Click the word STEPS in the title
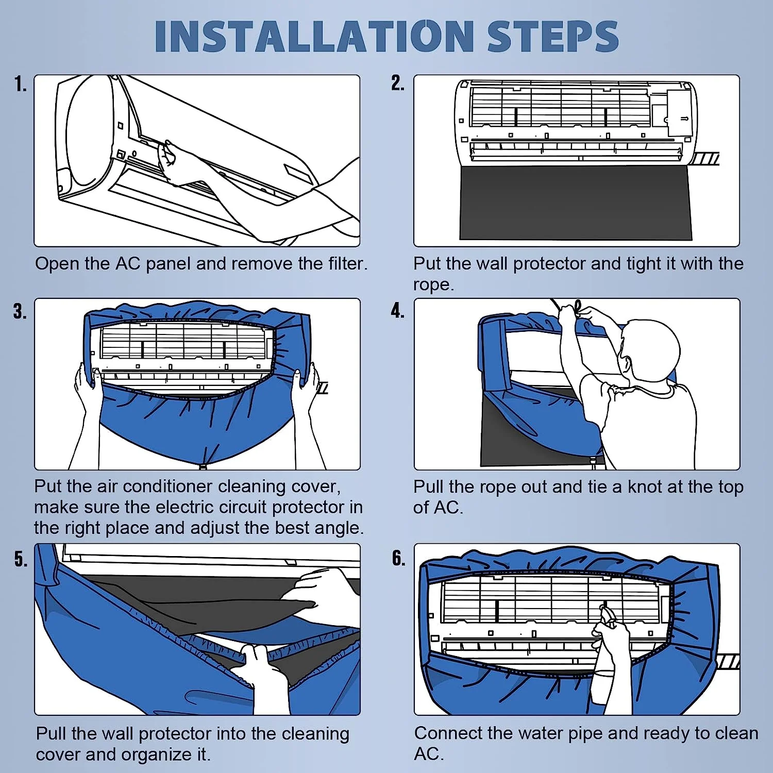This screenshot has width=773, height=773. tap(553, 36)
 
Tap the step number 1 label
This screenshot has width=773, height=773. tap(20, 83)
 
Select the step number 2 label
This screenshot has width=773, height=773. tap(397, 83)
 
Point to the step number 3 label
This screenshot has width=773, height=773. tap(20, 311)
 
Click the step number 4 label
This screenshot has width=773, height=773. tap(397, 311)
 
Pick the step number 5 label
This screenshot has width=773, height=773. tap(21, 559)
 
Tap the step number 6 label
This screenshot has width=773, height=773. tap(398, 558)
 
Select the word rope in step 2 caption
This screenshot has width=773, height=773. tap(433, 285)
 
